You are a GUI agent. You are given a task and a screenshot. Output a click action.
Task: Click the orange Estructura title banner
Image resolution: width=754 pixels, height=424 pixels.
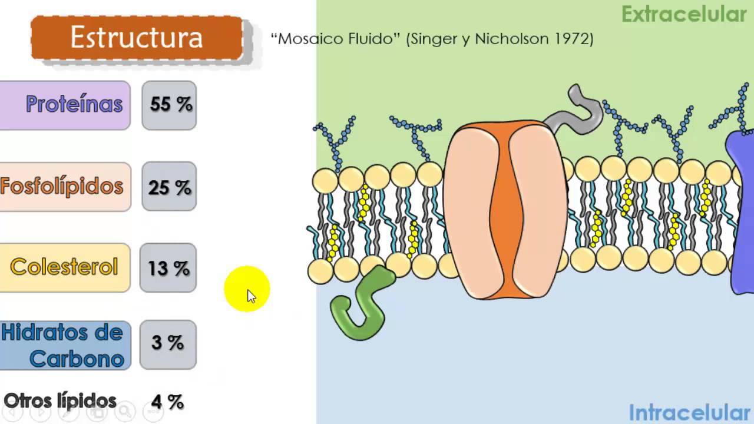coord(137,38)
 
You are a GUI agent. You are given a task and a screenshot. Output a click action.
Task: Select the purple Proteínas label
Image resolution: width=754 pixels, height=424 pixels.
coord(65,105)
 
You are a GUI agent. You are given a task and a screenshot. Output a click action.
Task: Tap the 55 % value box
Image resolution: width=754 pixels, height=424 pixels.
coord(170,105)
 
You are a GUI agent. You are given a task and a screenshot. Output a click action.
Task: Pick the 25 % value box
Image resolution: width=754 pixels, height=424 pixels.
coord(170,187)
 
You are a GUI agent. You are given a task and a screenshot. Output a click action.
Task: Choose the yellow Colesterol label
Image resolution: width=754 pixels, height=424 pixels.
coord(64,267)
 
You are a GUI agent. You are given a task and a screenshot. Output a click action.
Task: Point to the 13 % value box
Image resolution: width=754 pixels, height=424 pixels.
coord(168,268)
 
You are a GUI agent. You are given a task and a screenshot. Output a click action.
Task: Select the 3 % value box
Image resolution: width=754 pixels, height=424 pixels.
coord(168,344)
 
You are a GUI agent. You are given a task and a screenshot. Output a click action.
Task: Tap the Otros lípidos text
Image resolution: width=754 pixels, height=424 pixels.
coord(60,401)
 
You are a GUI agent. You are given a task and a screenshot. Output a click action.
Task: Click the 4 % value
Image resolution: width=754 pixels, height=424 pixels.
coord(167,402)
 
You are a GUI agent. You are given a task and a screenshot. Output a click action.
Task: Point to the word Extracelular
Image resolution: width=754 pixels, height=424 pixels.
coord(684,14)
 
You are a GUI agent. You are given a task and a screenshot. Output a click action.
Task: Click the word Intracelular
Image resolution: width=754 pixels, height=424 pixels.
coord(689,412)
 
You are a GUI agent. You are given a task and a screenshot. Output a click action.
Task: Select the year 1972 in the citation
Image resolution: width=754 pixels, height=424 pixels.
coord(574,39)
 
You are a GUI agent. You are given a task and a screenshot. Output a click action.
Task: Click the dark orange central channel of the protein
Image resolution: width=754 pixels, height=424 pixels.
coord(506,212)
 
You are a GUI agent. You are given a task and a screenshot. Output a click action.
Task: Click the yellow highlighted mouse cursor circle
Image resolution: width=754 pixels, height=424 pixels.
coord(247,289)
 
